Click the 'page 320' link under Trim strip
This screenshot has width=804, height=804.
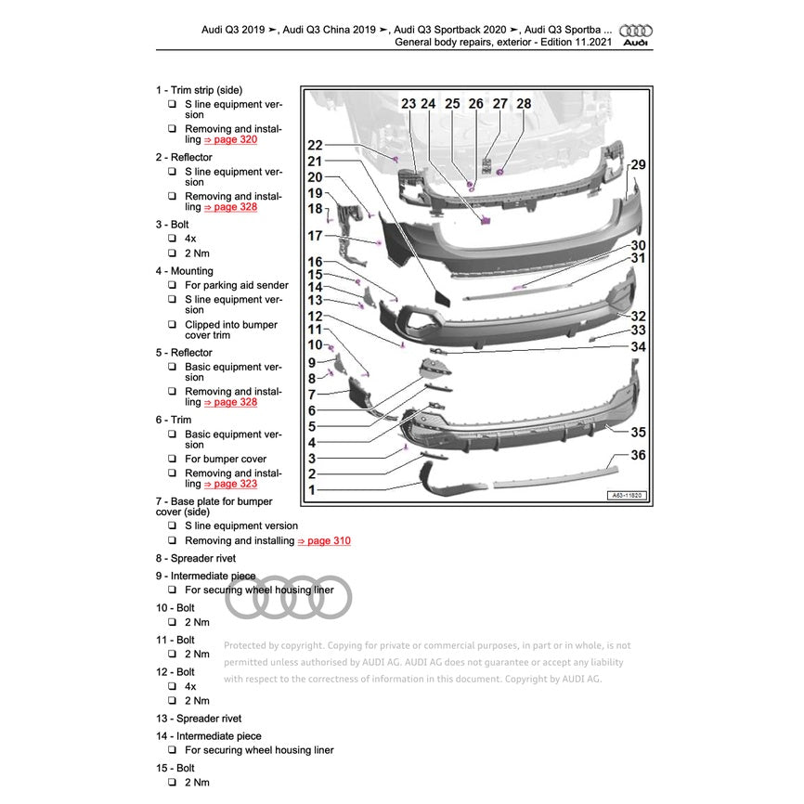point(229,139)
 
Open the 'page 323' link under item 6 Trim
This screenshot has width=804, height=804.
point(229,484)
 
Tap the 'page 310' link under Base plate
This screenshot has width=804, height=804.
point(323,540)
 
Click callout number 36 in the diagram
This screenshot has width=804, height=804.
point(638,455)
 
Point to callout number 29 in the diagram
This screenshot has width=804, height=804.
point(638,165)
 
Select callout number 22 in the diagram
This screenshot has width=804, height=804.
point(315,145)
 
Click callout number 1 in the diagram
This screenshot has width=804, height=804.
point(312,489)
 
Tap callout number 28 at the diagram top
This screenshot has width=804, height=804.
point(524,104)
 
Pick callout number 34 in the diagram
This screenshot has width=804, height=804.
point(638,346)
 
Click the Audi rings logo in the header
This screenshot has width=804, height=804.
point(636,30)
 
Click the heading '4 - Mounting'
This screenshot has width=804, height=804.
point(184,271)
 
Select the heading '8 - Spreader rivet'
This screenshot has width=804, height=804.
point(195,558)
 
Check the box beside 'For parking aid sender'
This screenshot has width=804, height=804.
point(173,286)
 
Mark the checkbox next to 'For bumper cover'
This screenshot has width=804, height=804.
point(173,459)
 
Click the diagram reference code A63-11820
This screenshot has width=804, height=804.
point(627,497)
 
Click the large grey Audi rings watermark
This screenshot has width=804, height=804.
point(289,597)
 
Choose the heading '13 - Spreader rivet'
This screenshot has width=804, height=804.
point(199,719)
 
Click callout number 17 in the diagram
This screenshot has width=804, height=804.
point(315,237)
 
